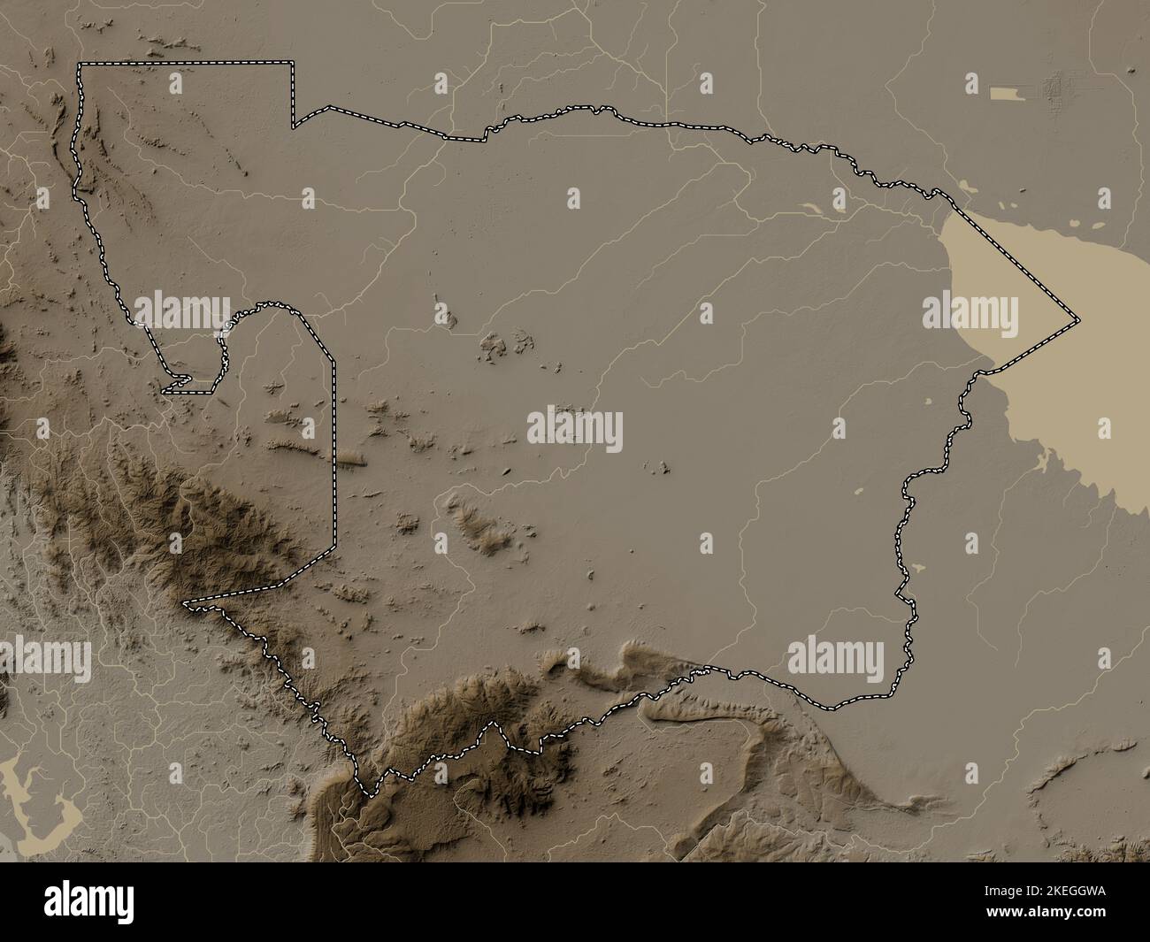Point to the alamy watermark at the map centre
coord(575,429)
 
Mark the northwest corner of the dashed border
coord(80,65)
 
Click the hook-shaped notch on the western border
coord(177,383)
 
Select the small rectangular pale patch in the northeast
coord(1005,92)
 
